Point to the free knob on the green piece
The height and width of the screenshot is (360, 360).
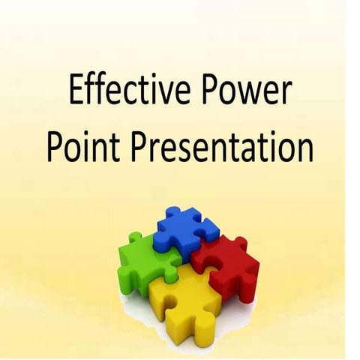pyautogui.click(x=134, y=239)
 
